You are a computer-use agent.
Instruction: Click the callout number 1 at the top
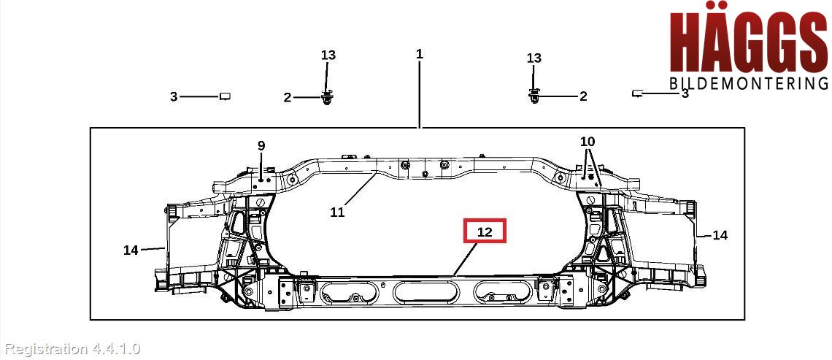(x=420, y=54)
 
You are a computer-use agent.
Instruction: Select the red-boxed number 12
(x=485, y=232)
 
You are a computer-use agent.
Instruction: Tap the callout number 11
(x=337, y=212)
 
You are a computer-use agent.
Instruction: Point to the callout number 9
(x=261, y=145)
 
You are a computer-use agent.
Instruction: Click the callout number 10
(x=588, y=141)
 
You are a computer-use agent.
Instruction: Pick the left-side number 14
(x=131, y=250)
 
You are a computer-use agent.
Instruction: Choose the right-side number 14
(x=720, y=235)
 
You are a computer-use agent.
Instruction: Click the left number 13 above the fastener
(x=328, y=55)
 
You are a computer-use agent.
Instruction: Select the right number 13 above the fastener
(x=534, y=58)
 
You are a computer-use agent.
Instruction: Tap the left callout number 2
(x=288, y=97)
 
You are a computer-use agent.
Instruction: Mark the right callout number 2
(x=583, y=96)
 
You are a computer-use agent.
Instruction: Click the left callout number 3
(x=174, y=96)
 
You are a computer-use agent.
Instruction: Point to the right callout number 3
(x=685, y=93)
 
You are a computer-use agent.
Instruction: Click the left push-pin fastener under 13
(x=328, y=96)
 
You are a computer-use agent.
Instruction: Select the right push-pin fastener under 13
(x=535, y=95)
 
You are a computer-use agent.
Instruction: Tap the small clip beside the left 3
(x=226, y=96)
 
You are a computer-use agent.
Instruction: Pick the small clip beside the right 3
(x=637, y=93)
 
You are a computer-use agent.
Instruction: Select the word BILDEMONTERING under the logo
(x=749, y=83)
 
